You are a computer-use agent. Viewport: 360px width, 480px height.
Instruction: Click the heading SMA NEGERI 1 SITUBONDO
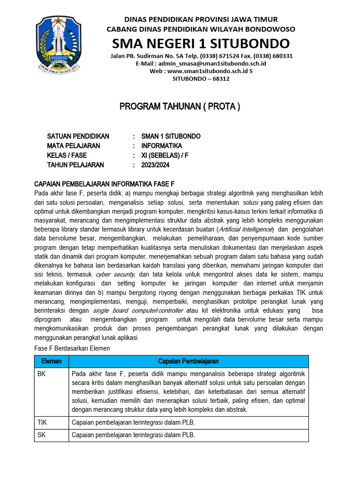[201, 44]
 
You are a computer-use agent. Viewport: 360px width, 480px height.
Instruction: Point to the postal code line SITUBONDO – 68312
[201, 79]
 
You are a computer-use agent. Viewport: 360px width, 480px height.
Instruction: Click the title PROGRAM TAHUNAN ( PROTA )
[180, 107]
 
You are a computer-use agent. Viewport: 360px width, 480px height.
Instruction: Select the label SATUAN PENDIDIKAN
[78, 136]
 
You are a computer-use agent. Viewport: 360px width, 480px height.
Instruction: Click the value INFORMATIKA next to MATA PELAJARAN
[162, 146]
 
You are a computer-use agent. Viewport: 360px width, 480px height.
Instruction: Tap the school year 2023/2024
[155, 165]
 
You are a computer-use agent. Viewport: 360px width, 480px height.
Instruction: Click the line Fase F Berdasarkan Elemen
[73, 348]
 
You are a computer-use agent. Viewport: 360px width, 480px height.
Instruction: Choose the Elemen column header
[52, 361]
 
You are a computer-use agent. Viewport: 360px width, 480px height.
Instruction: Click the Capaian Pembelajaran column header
[188, 361]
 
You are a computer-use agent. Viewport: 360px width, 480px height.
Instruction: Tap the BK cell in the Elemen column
[42, 374]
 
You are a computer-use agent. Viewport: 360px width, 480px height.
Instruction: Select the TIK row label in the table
[43, 422]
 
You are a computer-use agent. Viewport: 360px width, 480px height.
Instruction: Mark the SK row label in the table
[42, 435]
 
